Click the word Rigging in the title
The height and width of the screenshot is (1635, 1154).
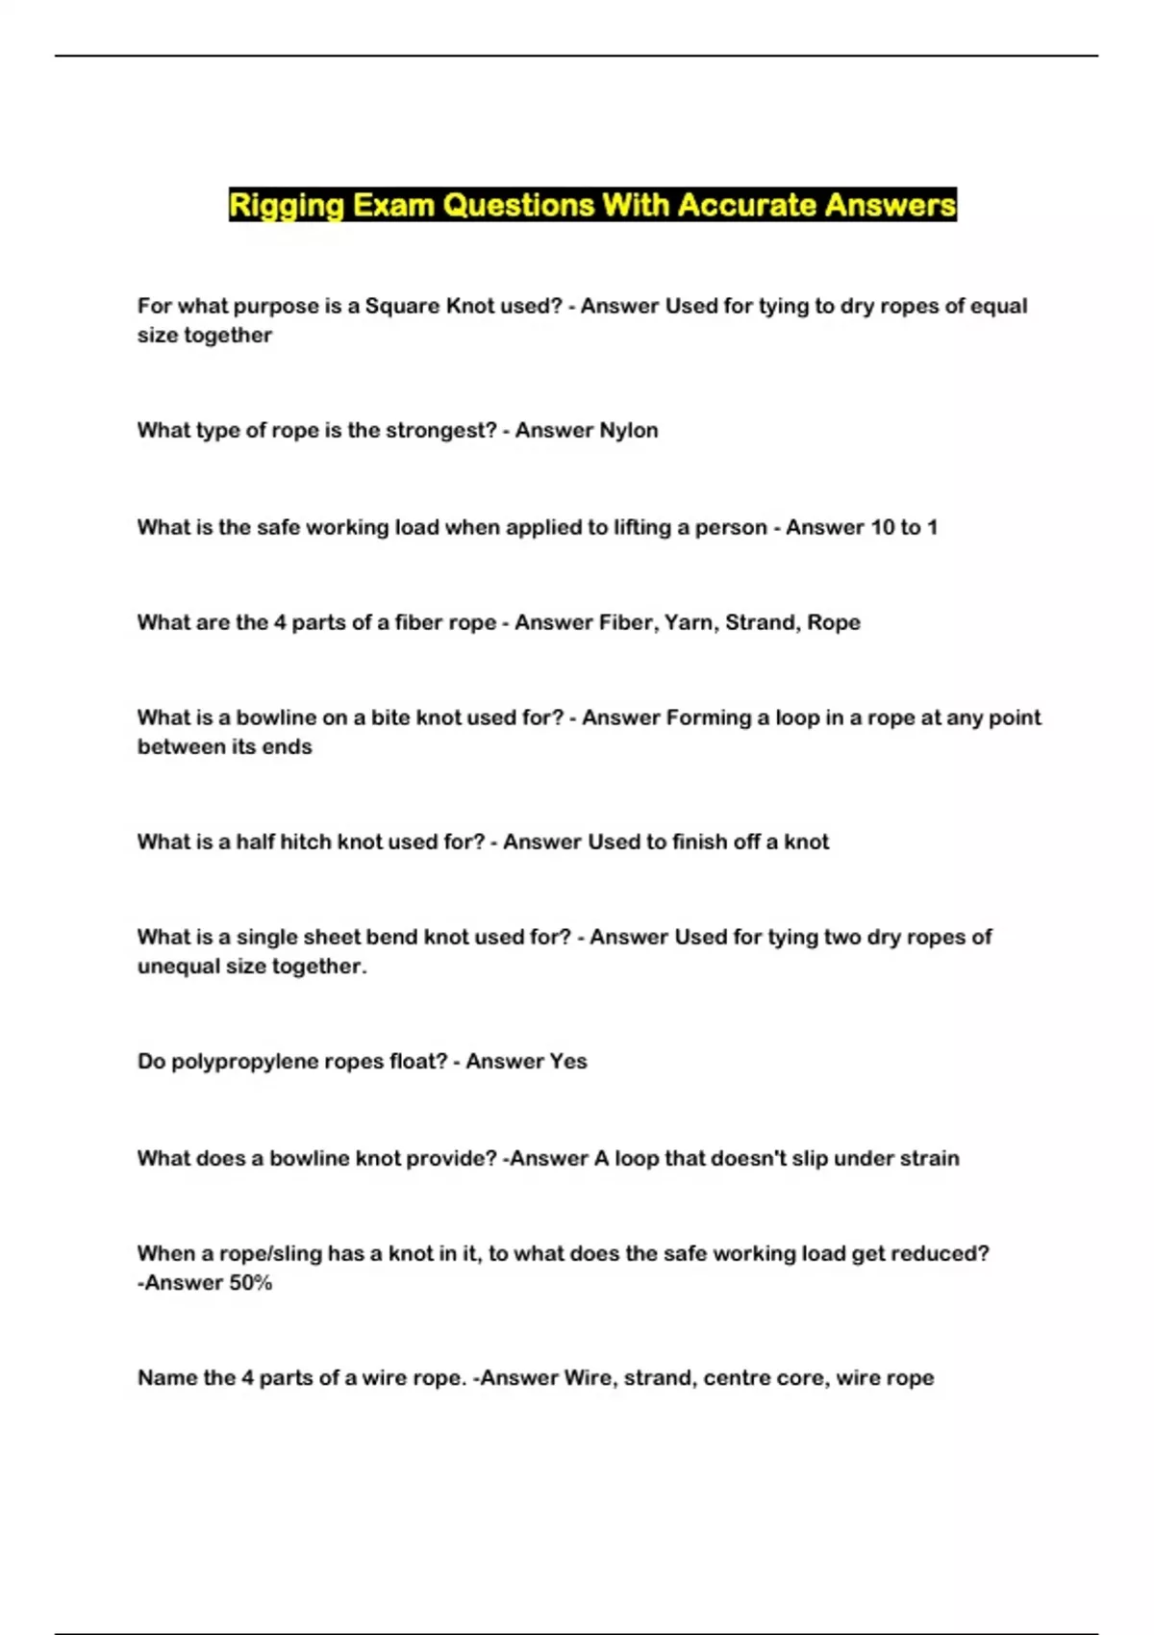point(286,206)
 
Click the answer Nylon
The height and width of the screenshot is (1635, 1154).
point(629,430)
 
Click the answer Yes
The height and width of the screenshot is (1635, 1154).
point(567,1061)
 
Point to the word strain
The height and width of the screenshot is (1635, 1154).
point(925,1158)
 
